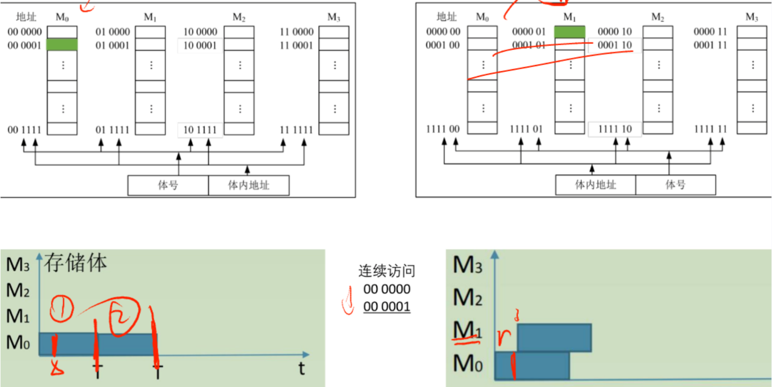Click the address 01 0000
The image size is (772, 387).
(x=113, y=32)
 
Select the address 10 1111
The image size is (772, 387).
(x=200, y=130)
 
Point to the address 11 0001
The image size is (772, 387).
(x=296, y=45)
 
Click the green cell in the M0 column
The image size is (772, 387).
(x=62, y=45)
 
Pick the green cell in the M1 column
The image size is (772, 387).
(x=570, y=32)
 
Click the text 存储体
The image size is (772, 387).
(x=75, y=263)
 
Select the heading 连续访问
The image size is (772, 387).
(x=387, y=271)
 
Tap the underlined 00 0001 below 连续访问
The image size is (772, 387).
(x=387, y=307)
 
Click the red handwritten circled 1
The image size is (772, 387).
(x=62, y=309)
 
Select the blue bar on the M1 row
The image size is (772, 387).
(x=555, y=337)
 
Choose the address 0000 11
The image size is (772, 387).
(x=710, y=32)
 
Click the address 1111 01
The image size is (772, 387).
(x=526, y=129)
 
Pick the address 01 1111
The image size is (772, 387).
(x=113, y=130)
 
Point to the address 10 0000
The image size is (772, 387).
(x=200, y=32)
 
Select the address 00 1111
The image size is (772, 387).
(x=25, y=130)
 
